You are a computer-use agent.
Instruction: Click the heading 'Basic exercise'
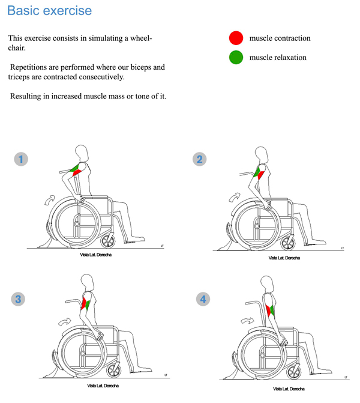(x=50, y=11)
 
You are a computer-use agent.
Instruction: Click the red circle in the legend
(x=236, y=38)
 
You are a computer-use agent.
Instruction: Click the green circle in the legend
(x=236, y=58)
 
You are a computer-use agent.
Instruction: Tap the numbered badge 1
(x=22, y=159)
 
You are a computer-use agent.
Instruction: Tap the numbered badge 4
(x=203, y=298)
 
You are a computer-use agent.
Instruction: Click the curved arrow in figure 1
(x=51, y=199)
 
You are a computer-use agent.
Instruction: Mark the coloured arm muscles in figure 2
(x=259, y=173)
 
